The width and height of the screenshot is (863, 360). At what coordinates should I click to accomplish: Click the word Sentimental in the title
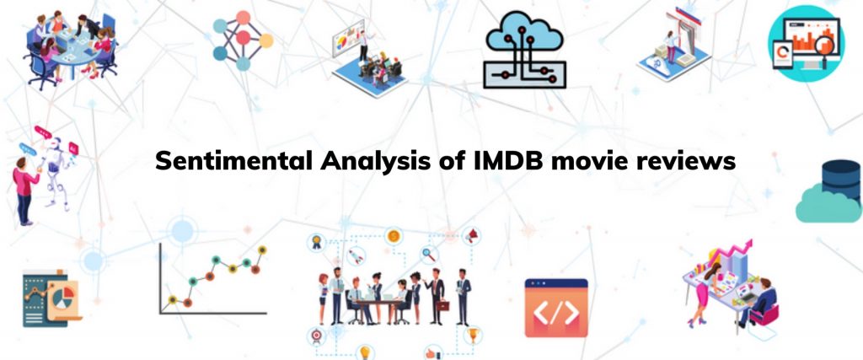(235, 161)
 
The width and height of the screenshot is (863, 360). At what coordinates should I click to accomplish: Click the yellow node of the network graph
(265, 40)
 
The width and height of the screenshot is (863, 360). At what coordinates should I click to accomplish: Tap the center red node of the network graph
(243, 38)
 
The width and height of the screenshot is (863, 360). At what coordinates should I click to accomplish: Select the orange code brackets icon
(556, 308)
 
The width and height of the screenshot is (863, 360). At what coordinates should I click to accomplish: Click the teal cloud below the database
(828, 205)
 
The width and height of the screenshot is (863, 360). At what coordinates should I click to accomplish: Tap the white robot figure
(56, 170)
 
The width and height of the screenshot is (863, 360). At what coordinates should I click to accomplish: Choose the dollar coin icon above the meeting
(393, 237)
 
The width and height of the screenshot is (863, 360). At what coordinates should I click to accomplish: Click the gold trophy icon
(472, 334)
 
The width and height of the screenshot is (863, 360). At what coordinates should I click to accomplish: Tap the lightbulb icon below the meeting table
(364, 352)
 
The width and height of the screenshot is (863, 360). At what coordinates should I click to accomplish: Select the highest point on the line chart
(262, 250)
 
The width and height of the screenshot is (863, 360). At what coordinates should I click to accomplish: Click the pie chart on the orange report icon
(67, 293)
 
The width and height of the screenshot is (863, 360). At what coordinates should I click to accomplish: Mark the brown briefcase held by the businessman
(442, 304)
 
